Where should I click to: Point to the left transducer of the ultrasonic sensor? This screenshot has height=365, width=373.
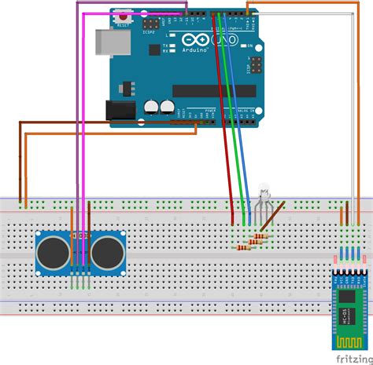(53, 251)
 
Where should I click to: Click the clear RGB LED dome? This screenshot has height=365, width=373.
(263, 191)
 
